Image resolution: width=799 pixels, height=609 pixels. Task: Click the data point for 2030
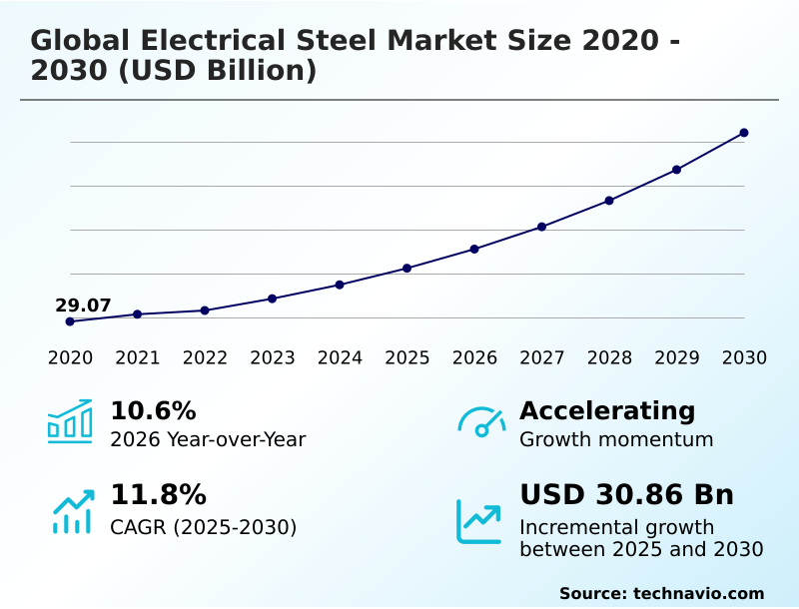(744, 133)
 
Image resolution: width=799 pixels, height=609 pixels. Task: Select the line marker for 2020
(70, 321)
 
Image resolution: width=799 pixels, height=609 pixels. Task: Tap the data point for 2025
(407, 269)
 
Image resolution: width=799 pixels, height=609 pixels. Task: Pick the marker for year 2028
(609, 201)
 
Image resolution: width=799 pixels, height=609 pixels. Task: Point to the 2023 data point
(272, 299)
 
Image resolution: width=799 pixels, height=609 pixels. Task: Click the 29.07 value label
(83, 305)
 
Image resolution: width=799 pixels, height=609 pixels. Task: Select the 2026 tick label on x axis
(474, 357)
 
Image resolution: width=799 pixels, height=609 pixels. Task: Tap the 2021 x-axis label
(138, 357)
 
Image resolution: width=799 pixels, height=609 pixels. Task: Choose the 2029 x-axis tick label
(677, 357)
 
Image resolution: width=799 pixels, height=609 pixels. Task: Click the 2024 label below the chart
(340, 357)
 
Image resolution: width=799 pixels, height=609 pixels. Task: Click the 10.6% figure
(153, 411)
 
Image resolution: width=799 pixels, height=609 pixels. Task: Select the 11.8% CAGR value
(158, 495)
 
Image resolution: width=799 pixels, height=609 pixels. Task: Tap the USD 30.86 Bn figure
(626, 495)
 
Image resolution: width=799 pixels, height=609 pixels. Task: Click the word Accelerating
(607, 411)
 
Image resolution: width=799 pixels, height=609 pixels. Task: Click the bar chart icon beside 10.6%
(70, 422)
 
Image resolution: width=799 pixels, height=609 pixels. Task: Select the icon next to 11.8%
(72, 511)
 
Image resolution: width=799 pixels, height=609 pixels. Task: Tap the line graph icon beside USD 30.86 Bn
(479, 520)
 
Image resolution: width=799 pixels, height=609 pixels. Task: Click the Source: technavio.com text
(661, 593)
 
